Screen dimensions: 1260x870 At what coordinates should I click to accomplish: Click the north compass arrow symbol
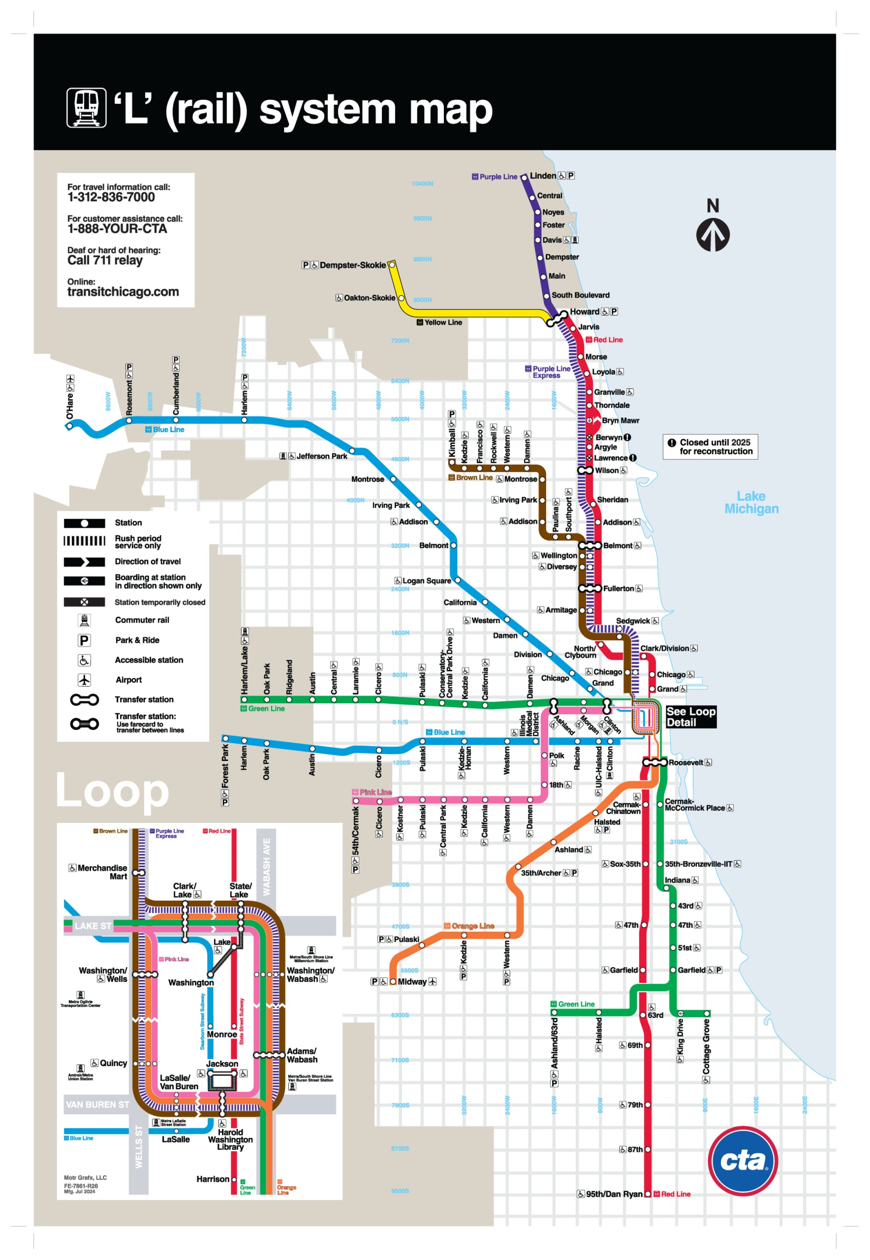pos(713,234)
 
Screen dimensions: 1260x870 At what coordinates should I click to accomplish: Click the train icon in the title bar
pos(86,108)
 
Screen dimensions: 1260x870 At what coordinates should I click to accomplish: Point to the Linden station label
pos(543,176)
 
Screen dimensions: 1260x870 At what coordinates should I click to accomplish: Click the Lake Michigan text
pos(751,502)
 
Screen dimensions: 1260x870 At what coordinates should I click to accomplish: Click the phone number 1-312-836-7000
pos(111,197)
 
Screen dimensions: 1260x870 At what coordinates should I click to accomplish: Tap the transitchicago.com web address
pos(123,292)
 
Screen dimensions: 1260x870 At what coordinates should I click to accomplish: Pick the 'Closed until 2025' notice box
pos(710,447)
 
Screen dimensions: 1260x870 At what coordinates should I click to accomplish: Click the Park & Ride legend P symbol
pos(84,640)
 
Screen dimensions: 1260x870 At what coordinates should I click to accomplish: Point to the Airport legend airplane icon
pos(84,680)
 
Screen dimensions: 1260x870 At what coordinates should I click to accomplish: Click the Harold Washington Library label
pos(230,1140)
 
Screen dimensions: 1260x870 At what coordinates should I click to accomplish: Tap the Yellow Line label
pos(443,322)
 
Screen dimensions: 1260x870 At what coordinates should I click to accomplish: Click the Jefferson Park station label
pos(321,456)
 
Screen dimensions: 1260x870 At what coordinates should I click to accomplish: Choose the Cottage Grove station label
pos(706,1046)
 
